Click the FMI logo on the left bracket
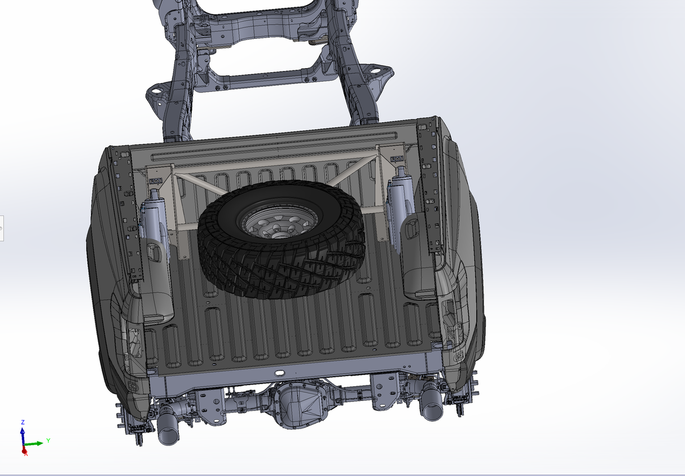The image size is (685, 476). pos(156,181)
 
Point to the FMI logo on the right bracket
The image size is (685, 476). pos(397,159)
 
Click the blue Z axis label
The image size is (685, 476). pos(23,422)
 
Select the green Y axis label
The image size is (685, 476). pos(48,440)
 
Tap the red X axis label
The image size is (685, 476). pos(26,454)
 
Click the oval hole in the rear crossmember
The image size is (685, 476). pos(279,373)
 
